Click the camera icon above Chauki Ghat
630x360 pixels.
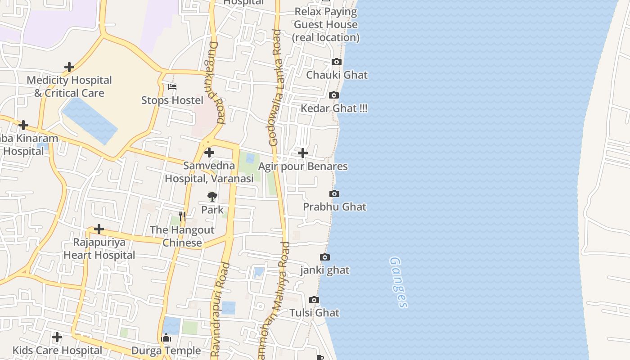pyautogui.click(x=337, y=62)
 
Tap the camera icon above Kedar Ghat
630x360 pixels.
pyautogui.click(x=334, y=95)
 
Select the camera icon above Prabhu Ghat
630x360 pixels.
pyautogui.click(x=334, y=194)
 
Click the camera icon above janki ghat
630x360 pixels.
pyautogui.click(x=325, y=257)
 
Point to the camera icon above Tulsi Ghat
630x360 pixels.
pyautogui.click(x=314, y=300)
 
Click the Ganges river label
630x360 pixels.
pyautogui.click(x=399, y=282)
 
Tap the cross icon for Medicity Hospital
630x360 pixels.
pyautogui.click(x=69, y=67)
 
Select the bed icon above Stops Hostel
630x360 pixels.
pyautogui.click(x=173, y=87)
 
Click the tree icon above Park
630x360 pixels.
pyautogui.click(x=212, y=197)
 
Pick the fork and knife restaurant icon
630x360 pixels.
pyautogui.click(x=182, y=216)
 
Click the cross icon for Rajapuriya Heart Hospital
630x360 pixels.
pyautogui.click(x=99, y=229)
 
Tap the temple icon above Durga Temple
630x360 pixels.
pyautogui.click(x=166, y=338)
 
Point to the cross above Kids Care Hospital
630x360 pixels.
pyautogui.click(x=57, y=337)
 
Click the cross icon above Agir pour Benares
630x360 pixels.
pyautogui.click(x=303, y=153)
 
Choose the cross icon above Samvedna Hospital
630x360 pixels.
pyautogui.click(x=209, y=153)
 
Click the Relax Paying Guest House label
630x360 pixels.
pyautogui.click(x=326, y=24)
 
